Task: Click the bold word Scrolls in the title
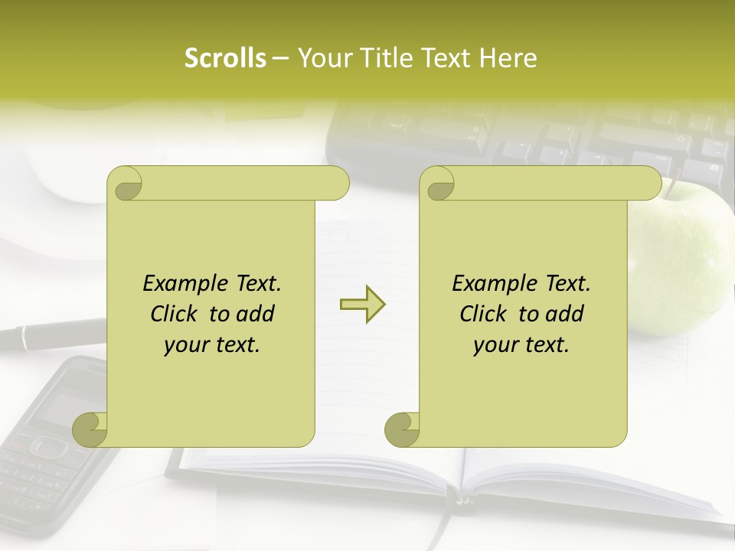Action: tap(225, 58)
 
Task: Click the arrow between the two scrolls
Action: tap(362, 305)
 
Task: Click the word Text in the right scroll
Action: tap(567, 284)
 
